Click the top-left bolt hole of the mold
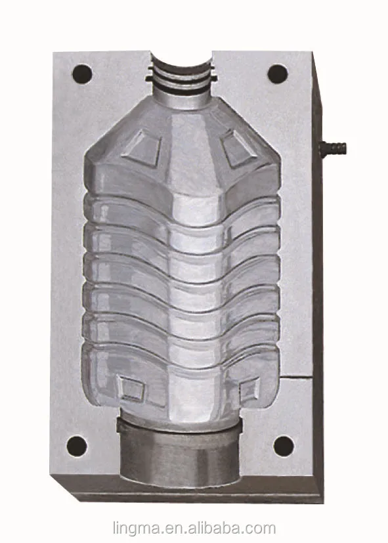[x=81, y=72]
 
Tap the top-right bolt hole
[x=278, y=73]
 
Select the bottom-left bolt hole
[x=77, y=446]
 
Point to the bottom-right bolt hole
[x=284, y=446]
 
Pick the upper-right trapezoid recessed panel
[x=238, y=147]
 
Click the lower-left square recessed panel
[x=131, y=389]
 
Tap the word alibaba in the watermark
[x=213, y=527]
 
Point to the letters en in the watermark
[x=167, y=527]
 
